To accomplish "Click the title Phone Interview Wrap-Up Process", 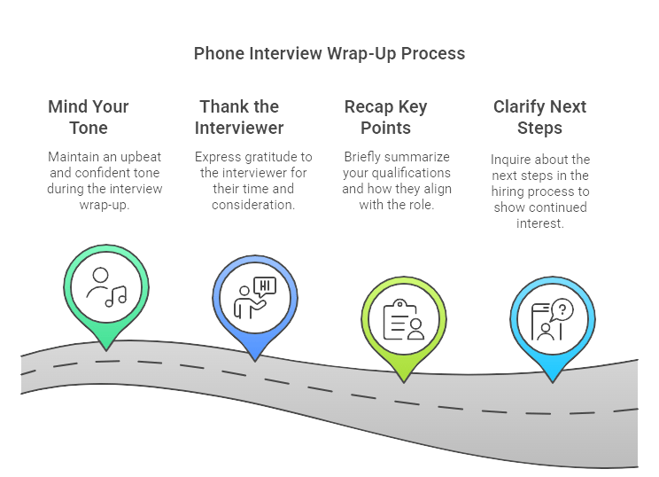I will tap(329, 54).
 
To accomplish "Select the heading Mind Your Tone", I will tap(88, 117).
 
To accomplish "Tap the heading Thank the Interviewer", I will tap(239, 117).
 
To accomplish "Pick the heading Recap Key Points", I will tap(385, 117).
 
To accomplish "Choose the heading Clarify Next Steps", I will tap(539, 117).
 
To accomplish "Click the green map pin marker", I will tap(104, 293).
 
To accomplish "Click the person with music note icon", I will tap(105, 286).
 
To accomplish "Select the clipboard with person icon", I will tap(403, 319).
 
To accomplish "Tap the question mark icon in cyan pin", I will tap(562, 310).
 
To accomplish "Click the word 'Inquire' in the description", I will tap(511, 160).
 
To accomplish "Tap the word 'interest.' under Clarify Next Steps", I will tap(539, 223).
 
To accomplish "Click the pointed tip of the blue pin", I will tap(254, 359).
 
